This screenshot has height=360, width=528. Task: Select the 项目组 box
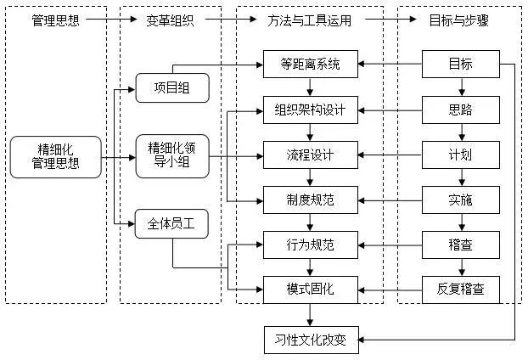(x=171, y=88)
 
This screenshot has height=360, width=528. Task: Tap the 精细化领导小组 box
(x=171, y=156)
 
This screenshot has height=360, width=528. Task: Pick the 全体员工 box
(x=171, y=225)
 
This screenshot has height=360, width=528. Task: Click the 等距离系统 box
(x=311, y=64)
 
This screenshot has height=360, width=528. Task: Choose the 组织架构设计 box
(x=311, y=110)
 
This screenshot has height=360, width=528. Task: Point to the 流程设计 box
(x=311, y=155)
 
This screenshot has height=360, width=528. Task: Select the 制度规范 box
(x=311, y=201)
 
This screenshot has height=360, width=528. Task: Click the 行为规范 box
(x=311, y=246)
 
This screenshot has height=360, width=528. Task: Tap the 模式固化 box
(x=311, y=290)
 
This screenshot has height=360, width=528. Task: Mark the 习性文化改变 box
(x=311, y=340)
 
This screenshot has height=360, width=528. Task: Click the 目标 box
(x=460, y=64)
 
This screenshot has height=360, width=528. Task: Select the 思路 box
(x=460, y=110)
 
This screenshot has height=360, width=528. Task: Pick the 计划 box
(x=460, y=155)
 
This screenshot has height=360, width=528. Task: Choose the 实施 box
(x=460, y=201)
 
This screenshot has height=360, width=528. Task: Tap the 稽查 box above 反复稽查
(x=460, y=246)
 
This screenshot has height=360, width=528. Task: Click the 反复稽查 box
(x=460, y=290)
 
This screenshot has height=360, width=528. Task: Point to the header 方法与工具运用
(x=311, y=19)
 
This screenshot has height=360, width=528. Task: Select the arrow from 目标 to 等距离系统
(x=390, y=64)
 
